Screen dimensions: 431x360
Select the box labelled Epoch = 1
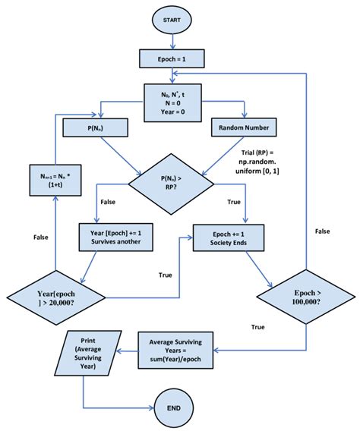tap(181, 57)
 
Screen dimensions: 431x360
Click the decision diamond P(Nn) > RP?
tap(175, 182)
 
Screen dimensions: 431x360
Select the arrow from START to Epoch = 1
tap(181, 39)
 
